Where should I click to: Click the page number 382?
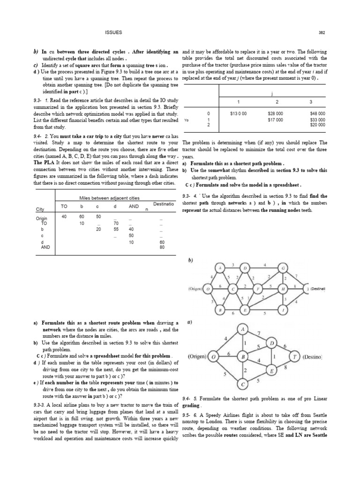322,32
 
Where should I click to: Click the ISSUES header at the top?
114,32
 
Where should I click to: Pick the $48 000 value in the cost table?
317,113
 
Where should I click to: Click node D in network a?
273,344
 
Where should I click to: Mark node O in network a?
213,357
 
